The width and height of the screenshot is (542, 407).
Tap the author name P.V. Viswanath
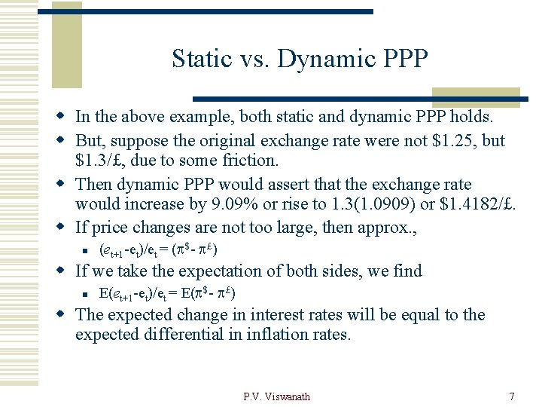tap(276, 396)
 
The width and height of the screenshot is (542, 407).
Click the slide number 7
tap(512, 396)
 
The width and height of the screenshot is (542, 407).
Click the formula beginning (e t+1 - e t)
tap(159, 249)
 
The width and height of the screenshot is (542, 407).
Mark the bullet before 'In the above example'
tap(65, 117)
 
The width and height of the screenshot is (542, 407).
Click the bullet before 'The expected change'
tap(65, 315)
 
